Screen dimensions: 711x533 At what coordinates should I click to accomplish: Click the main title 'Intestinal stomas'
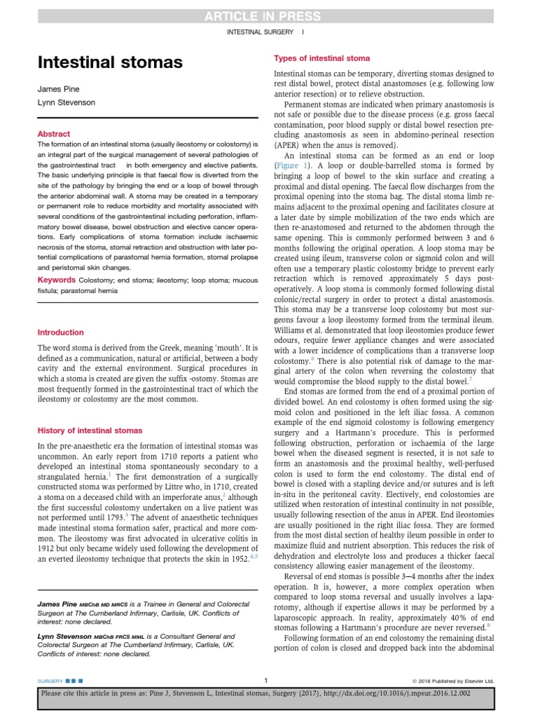[110, 63]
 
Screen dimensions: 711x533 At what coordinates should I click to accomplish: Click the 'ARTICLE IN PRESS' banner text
[266, 16]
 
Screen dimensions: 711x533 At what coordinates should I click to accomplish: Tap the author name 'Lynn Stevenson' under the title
[67, 103]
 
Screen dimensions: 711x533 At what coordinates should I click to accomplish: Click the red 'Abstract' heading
[53, 134]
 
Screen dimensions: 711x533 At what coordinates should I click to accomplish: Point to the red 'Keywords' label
[56, 280]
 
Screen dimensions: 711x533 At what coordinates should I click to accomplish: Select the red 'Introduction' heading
[60, 333]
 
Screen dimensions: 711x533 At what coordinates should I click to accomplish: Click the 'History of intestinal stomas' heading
[90, 430]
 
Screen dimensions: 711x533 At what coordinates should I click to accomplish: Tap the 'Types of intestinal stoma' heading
[322, 58]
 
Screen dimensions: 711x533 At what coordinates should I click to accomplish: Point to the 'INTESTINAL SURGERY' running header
[260, 32]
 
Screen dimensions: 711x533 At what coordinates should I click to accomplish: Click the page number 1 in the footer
[266, 680]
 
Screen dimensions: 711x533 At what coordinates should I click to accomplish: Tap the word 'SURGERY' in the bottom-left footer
[51, 680]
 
